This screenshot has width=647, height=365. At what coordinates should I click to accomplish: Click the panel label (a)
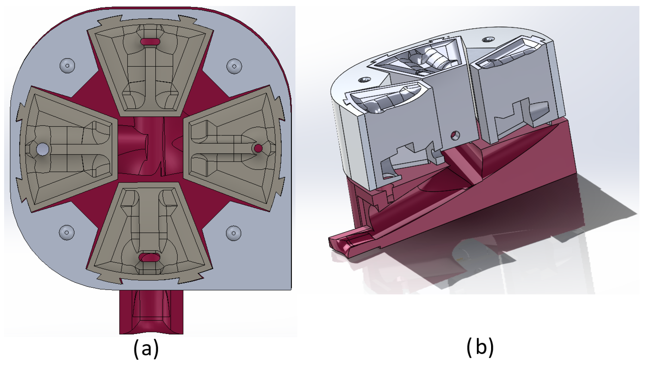click(146, 349)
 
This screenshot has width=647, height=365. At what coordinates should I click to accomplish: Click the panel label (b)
click(480, 347)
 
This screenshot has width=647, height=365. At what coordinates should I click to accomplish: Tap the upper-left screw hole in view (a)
click(67, 66)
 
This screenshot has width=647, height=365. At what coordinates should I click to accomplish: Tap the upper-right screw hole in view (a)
click(234, 66)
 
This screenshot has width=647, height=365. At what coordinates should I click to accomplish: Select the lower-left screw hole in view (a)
click(67, 232)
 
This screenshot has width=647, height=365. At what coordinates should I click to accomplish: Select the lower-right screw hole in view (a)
click(234, 233)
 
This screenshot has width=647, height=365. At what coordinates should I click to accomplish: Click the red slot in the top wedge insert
click(150, 42)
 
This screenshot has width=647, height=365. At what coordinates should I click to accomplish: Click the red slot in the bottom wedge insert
click(150, 257)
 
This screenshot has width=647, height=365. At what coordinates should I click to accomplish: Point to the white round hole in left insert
click(43, 149)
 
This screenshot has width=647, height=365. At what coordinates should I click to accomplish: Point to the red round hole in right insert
click(258, 148)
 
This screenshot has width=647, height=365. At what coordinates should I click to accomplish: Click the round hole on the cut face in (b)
click(455, 135)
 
